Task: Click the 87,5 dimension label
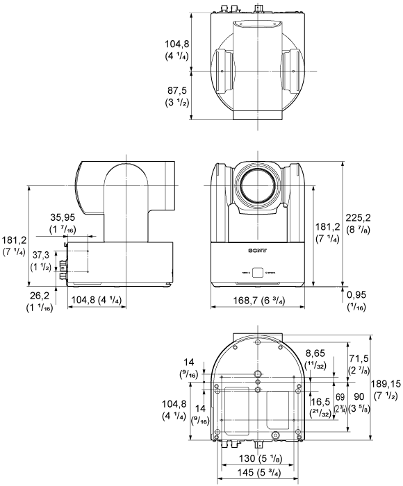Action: tap(175, 90)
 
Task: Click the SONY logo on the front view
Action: tap(257, 248)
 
